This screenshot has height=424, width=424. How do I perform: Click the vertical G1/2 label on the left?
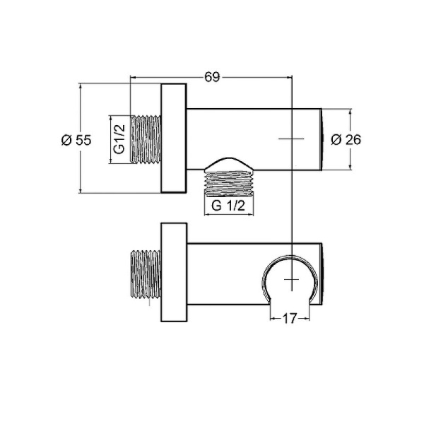119,139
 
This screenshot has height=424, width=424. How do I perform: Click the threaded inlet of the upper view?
146,139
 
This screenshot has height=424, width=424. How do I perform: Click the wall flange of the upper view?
175,139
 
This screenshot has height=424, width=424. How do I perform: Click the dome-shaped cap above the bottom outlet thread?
228,164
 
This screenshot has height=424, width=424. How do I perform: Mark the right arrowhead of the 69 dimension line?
288,76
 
